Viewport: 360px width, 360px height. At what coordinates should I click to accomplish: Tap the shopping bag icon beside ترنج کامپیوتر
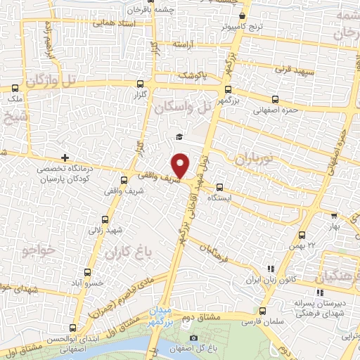[x=242, y=16]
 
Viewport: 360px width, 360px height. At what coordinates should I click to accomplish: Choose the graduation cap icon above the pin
[x=179, y=136]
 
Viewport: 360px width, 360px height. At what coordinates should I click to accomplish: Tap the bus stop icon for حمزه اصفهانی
[x=273, y=100]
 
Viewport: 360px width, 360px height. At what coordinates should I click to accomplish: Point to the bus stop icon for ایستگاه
[x=220, y=187]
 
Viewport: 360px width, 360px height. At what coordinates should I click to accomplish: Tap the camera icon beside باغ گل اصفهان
[x=193, y=340]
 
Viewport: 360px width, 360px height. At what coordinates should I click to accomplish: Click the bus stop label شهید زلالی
[x=105, y=229]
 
